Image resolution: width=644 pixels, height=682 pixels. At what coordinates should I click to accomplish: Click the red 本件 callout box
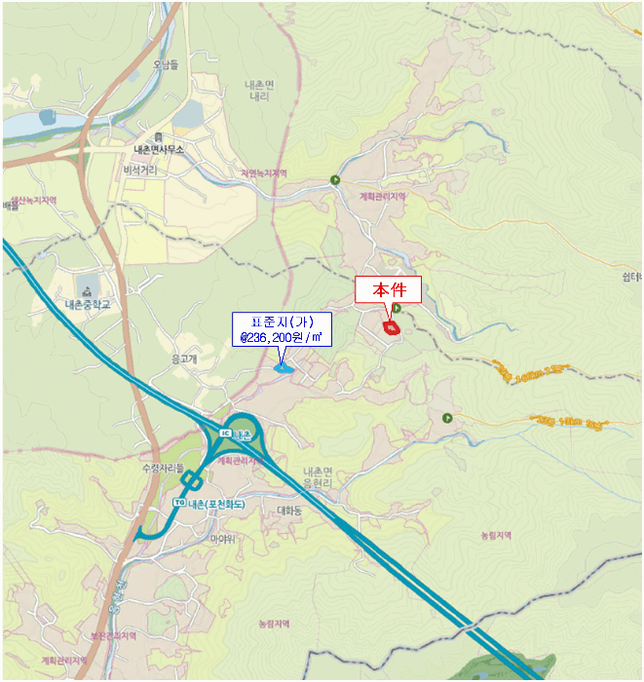coord(387,290)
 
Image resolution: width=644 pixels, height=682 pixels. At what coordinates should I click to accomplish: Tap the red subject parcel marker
coord(392,329)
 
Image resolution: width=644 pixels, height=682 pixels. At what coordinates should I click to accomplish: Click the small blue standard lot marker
coord(284,369)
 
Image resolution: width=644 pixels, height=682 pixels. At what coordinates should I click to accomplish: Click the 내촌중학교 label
coord(88,304)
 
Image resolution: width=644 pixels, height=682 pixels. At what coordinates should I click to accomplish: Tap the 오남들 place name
coord(166,65)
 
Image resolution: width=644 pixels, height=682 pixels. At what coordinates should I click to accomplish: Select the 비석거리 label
coord(140,170)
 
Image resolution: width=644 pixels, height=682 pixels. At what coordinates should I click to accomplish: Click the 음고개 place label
coord(184,359)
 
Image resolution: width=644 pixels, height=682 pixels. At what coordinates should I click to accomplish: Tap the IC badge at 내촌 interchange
coord(226,433)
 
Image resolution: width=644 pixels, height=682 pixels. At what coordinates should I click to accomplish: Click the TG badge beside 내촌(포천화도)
coord(178,503)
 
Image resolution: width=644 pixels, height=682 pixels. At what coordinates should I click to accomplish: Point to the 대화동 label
coord(290,510)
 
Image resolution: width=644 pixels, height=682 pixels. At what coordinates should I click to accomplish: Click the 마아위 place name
coord(224,538)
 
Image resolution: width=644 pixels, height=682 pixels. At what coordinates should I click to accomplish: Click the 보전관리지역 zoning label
coord(116,635)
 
